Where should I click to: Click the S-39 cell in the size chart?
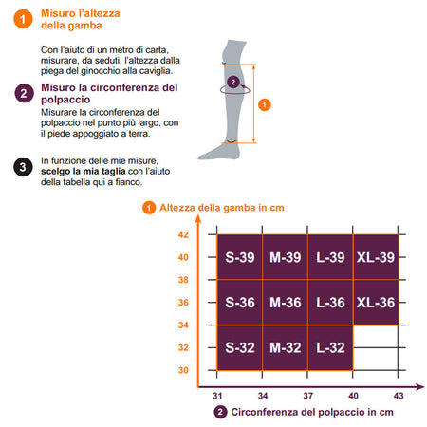click(x=239, y=257)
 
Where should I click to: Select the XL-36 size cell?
click(x=376, y=303)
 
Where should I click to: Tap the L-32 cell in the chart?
click(x=330, y=347)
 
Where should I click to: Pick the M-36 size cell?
click(x=285, y=303)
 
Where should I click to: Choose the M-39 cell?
click(x=285, y=257)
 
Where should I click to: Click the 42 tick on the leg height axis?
click(x=183, y=234)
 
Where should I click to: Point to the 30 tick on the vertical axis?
click(x=183, y=370)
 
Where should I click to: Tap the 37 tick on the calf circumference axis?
click(x=307, y=396)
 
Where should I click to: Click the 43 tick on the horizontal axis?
click(x=399, y=396)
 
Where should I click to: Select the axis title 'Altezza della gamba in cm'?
click(x=222, y=208)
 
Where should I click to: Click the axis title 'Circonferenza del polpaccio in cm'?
click(x=312, y=412)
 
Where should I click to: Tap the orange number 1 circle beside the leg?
click(x=265, y=104)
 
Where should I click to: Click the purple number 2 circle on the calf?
click(x=233, y=83)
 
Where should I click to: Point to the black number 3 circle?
click(x=23, y=167)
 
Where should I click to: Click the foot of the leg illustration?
click(x=218, y=153)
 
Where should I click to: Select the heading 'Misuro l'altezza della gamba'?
click(x=81, y=19)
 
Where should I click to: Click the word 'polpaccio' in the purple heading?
click(x=65, y=100)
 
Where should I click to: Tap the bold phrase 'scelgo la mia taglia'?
click(x=84, y=172)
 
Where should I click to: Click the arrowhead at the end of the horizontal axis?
click(x=419, y=387)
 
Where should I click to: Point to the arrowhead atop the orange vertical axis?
click(x=198, y=219)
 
